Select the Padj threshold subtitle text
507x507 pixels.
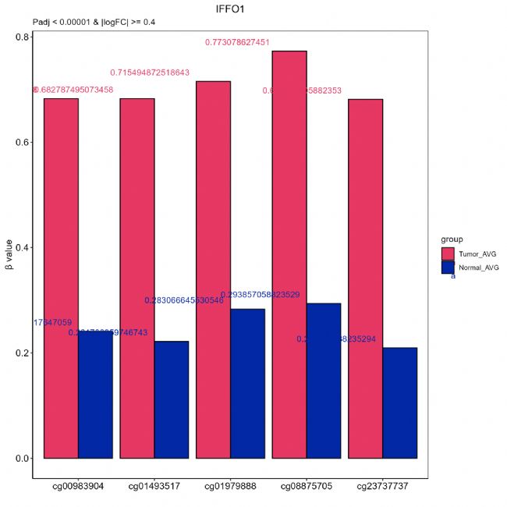coord(94,22)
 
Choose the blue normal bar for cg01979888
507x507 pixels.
coord(247,383)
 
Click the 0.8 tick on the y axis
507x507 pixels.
coord(22,37)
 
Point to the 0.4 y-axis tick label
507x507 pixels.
coord(22,247)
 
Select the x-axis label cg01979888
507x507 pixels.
coord(230,486)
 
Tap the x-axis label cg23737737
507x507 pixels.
coord(382,486)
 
